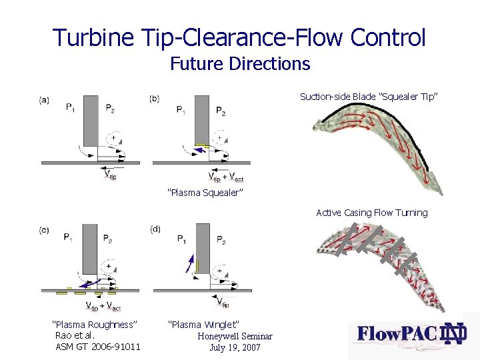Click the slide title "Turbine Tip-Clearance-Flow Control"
click(x=239, y=37)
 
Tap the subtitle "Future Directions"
click(x=240, y=64)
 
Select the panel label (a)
click(x=44, y=100)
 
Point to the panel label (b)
click(x=155, y=99)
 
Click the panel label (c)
click(x=44, y=230)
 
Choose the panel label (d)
click(x=155, y=229)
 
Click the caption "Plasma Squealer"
click(x=205, y=193)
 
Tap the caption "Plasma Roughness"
click(x=95, y=324)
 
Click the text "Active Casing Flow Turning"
click(x=372, y=213)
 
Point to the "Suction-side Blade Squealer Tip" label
click(x=369, y=97)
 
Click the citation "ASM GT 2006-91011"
click(x=98, y=347)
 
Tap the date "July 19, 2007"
click(x=235, y=347)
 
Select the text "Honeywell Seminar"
click(x=234, y=336)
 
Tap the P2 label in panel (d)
click(x=221, y=241)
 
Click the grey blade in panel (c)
click(x=89, y=247)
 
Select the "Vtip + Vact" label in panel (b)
click(x=226, y=177)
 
